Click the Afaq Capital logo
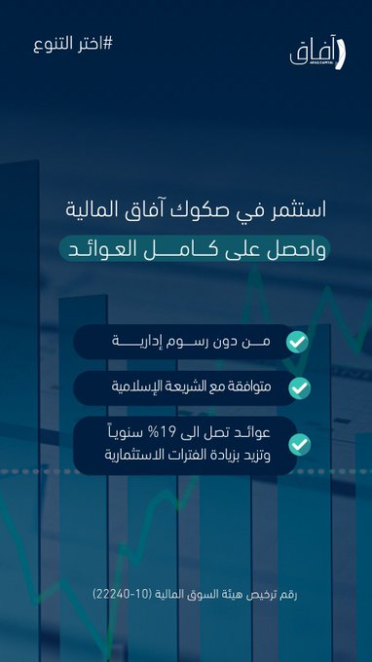point(317,55)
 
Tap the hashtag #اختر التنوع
point(73,45)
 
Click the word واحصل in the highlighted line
point(300,249)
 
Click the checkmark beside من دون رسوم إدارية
point(297,342)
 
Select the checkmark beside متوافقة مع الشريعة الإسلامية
point(299,388)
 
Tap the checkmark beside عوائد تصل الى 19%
point(299,445)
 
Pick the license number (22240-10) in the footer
point(119,595)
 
